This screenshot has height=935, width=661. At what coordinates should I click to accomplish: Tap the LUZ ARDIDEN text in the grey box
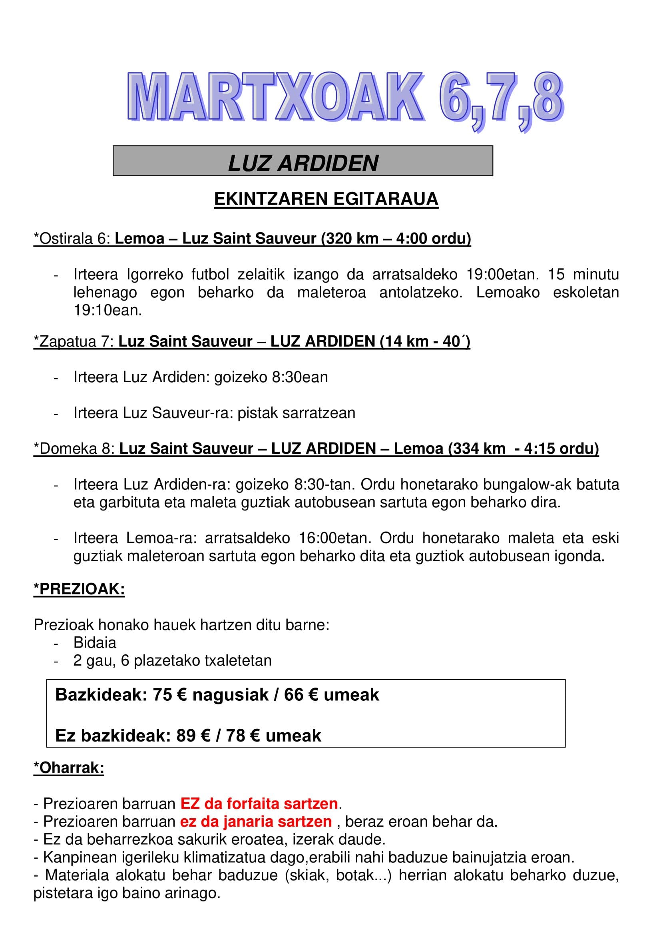pyautogui.click(x=303, y=163)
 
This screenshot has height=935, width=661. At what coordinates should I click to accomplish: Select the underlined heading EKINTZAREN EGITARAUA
pyautogui.click(x=326, y=199)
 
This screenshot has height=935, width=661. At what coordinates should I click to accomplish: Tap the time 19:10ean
pyautogui.click(x=108, y=310)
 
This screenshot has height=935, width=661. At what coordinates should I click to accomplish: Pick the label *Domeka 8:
pyautogui.click(x=74, y=449)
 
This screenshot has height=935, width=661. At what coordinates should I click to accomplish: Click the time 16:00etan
pyautogui.click(x=334, y=538)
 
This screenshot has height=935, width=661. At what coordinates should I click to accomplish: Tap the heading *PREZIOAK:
pyautogui.click(x=79, y=589)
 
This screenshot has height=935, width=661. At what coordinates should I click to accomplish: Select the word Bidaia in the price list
pyautogui.click(x=95, y=643)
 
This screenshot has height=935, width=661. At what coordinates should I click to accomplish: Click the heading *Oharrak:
pyautogui.click(x=69, y=768)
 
